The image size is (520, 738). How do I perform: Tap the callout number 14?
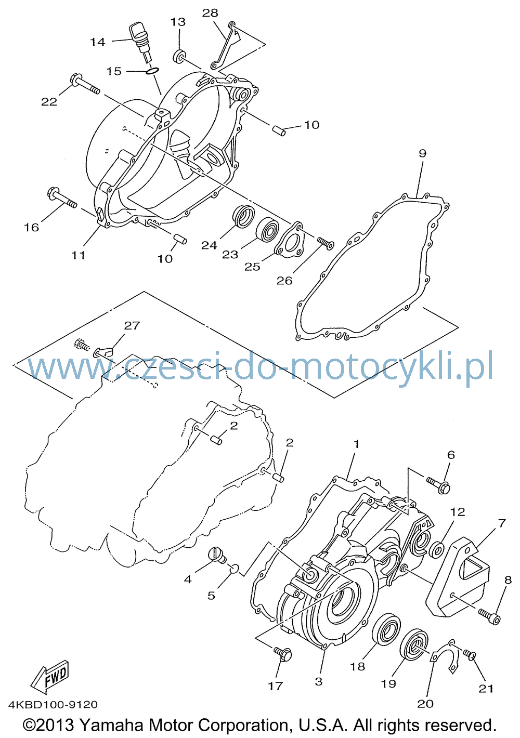point(98,42)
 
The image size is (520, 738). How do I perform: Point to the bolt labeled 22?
point(85,84)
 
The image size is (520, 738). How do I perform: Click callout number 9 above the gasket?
point(422,153)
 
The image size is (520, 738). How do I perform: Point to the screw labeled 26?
point(325,243)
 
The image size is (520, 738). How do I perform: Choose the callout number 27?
point(132,325)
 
